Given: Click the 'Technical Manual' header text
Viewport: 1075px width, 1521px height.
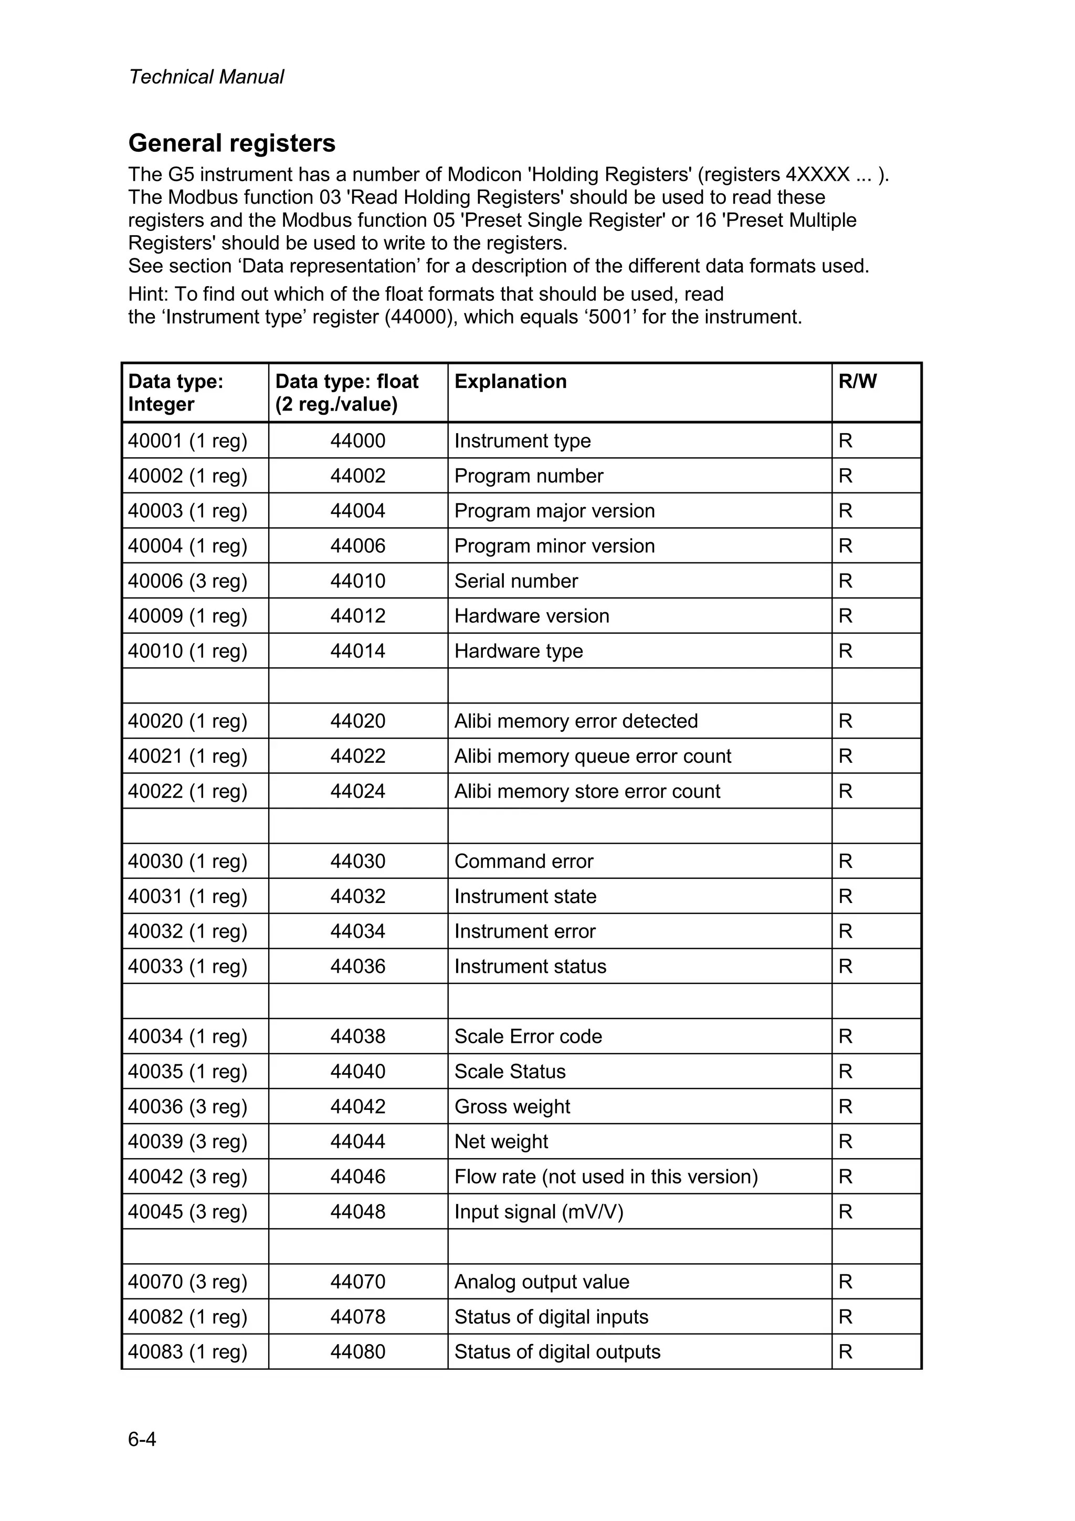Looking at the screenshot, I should point(206,77).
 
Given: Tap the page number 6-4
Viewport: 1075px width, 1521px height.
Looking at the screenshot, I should point(142,1439).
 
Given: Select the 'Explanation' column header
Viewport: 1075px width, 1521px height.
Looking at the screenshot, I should point(510,382).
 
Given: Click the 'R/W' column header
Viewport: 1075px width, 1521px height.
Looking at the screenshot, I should point(857,382).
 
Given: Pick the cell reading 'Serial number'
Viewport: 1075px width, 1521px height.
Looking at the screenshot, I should point(515,581).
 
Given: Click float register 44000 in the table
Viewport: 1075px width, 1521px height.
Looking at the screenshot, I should point(357,440).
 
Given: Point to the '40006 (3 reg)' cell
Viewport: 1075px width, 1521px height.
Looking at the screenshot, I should point(187,581).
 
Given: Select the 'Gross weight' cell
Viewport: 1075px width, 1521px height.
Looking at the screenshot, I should point(511,1106).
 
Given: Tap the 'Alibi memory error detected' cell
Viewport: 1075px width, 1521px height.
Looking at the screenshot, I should point(576,721).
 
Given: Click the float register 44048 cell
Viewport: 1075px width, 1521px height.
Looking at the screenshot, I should point(357,1212).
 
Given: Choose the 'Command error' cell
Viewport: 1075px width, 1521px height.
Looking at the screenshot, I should point(523,861).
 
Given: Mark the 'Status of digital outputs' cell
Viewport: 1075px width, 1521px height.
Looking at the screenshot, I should point(557,1351).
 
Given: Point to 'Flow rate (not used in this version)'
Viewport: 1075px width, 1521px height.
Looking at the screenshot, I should point(605,1177).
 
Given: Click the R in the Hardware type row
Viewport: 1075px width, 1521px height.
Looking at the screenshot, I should point(845,651).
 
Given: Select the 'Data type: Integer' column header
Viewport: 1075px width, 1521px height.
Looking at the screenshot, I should point(175,393).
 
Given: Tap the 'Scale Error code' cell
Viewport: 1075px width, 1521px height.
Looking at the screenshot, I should point(528,1036).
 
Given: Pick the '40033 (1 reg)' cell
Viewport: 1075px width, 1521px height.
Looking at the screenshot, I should point(187,966).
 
